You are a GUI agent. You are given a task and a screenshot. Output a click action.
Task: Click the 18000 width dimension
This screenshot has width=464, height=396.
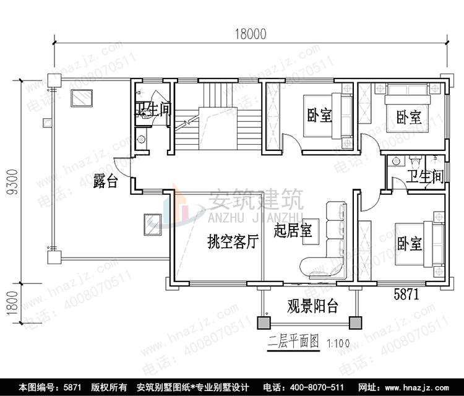coord(250,35)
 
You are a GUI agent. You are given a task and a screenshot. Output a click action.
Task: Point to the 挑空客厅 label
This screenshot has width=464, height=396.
coord(233,242)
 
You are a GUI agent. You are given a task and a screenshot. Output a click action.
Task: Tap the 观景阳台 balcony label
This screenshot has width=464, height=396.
coord(312,305)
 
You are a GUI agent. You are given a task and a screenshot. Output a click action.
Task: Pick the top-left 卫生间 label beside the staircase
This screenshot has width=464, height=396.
coord(153,110)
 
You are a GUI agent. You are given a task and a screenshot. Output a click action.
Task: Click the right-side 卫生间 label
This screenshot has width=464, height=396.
coord(424,177)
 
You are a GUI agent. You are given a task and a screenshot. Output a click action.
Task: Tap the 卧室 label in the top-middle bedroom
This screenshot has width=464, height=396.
coord(319,115)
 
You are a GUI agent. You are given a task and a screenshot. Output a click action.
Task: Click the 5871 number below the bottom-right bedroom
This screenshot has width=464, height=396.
coord(406,295)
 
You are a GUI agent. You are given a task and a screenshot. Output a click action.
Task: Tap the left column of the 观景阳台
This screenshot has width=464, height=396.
coord(264,322)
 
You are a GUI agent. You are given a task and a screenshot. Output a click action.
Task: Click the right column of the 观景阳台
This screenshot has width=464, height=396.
coord(354,322)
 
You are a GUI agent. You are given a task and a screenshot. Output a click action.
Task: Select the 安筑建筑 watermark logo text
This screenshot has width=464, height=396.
coord(254,199)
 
